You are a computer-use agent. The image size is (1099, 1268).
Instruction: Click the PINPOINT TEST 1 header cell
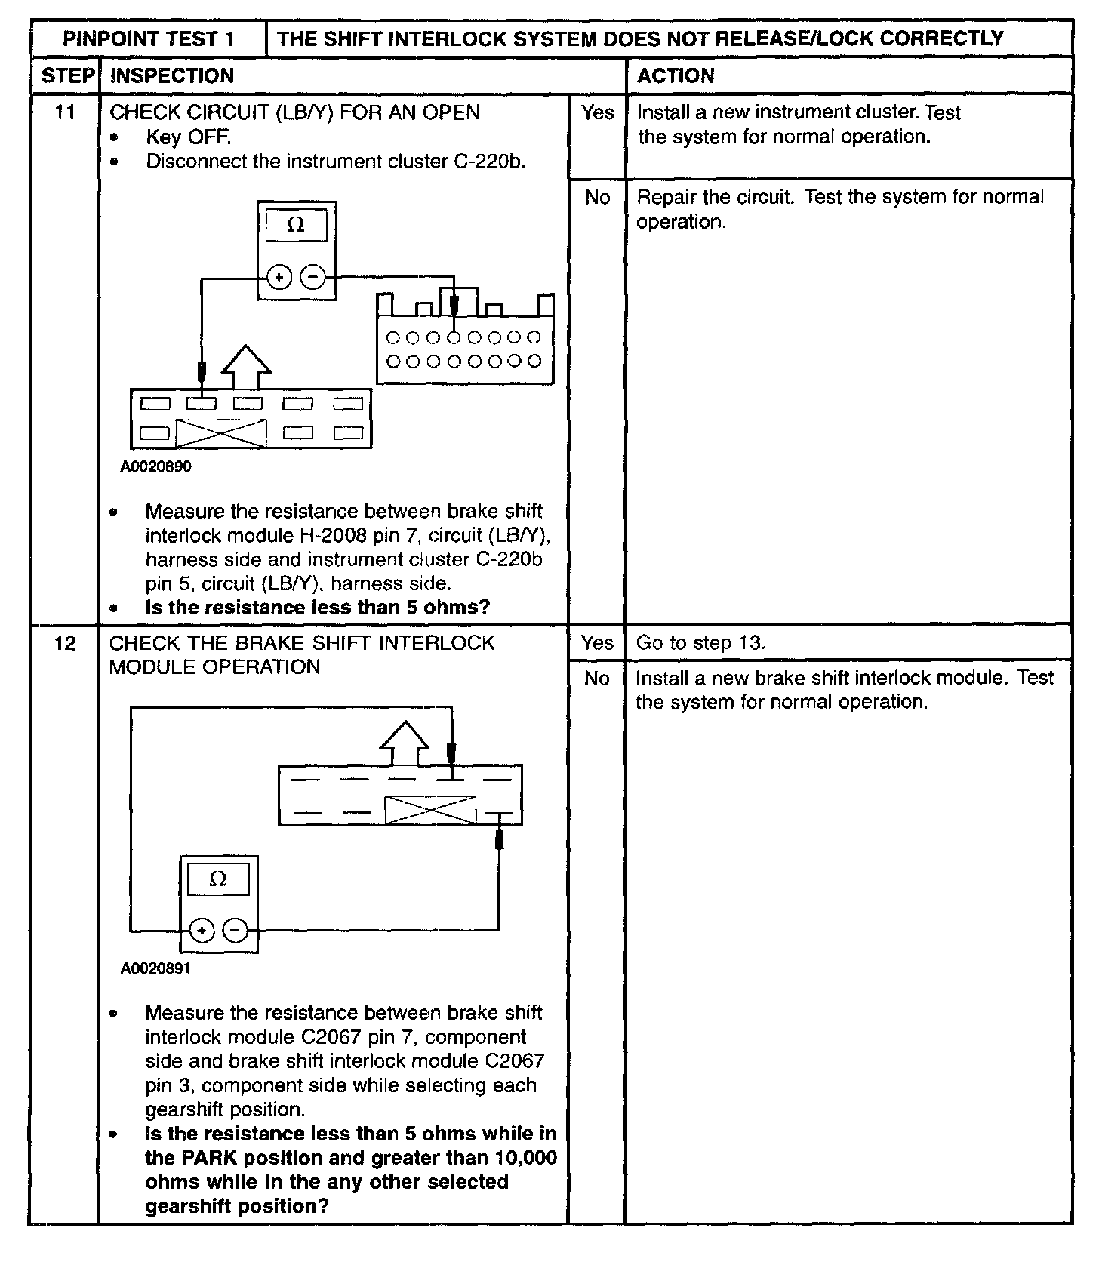pyautogui.click(x=148, y=39)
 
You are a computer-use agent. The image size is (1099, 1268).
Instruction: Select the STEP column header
pyautogui.click(x=67, y=75)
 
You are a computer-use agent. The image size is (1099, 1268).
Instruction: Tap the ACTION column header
pyautogui.click(x=676, y=75)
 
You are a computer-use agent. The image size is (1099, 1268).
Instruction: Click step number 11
pyautogui.click(x=66, y=112)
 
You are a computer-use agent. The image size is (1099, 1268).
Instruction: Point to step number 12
pyautogui.click(x=66, y=643)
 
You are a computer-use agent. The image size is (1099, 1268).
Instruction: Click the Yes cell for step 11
pyautogui.click(x=597, y=112)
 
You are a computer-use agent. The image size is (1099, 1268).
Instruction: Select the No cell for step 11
pyautogui.click(x=597, y=197)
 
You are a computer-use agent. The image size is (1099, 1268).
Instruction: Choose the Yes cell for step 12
pyautogui.click(x=597, y=643)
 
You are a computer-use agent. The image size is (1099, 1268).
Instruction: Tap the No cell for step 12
pyautogui.click(x=597, y=678)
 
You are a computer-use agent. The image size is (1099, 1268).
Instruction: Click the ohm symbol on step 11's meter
pyautogui.click(x=297, y=225)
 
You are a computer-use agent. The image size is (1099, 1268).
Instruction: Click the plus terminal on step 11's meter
pyautogui.click(x=279, y=278)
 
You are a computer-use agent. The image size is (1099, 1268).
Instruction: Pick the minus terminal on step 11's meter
pyautogui.click(x=313, y=278)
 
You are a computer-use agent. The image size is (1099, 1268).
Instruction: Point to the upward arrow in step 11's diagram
pyautogui.click(x=246, y=368)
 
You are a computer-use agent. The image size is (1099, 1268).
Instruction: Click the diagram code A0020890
pyautogui.click(x=156, y=466)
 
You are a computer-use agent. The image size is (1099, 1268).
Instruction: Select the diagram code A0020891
pyautogui.click(x=156, y=968)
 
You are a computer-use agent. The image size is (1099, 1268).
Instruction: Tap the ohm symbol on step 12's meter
pyautogui.click(x=218, y=879)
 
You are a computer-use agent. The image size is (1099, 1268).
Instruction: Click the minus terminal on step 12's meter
pyautogui.click(x=235, y=931)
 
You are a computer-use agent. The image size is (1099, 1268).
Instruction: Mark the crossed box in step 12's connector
pyautogui.click(x=430, y=811)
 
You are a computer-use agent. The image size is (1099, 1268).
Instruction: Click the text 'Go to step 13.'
pyautogui.click(x=700, y=643)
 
